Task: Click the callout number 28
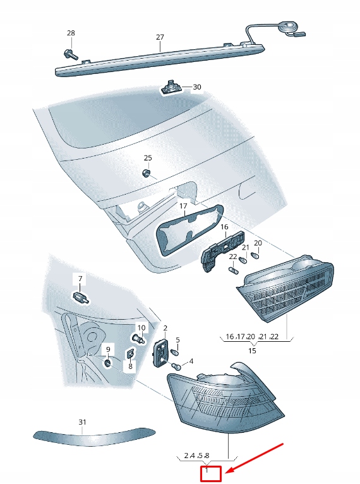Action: (70, 33)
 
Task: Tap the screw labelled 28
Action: (69, 55)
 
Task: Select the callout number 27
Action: (160, 38)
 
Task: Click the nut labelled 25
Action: (146, 172)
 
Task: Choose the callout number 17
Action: (183, 206)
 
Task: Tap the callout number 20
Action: (258, 243)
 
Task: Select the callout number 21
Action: (246, 247)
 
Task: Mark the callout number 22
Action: (233, 257)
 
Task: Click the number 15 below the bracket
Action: (253, 349)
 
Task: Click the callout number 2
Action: (165, 329)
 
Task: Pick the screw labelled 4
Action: (177, 366)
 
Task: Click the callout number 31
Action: (82, 421)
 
